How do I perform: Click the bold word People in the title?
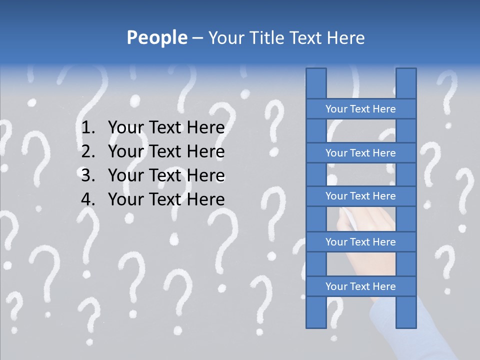coord(157,37)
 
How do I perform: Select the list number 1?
coord(87,127)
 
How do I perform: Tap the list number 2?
coord(87,151)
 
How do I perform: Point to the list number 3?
coord(87,175)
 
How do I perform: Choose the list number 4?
coord(87,199)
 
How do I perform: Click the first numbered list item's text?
coord(166,127)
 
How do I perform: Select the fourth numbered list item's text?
coord(166,199)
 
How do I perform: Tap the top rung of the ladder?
coord(360,109)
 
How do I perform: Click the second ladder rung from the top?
coord(360,153)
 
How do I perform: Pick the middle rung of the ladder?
coord(360,196)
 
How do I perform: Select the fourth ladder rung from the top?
coord(360,242)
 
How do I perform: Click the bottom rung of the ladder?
coord(360,286)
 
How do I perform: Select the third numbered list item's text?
coord(166,175)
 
